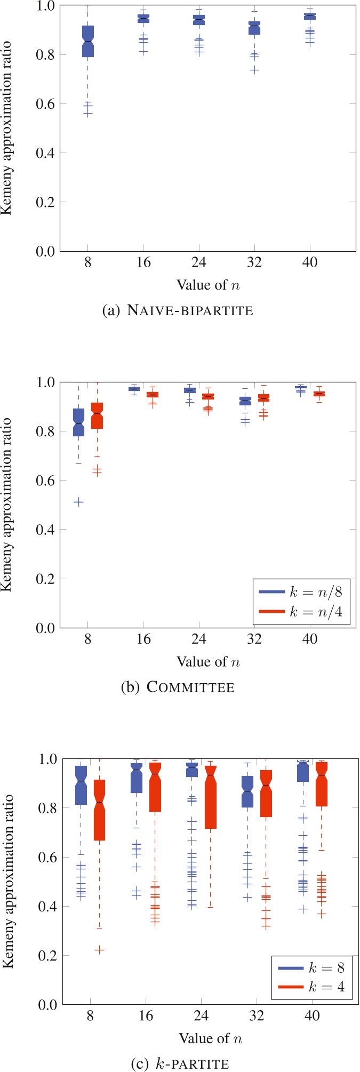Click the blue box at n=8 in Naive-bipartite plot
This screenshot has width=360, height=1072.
click(88, 41)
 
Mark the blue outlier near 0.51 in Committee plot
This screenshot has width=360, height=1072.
click(78, 502)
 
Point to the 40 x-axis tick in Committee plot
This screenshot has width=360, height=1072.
click(310, 639)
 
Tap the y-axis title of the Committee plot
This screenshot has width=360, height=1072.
click(7, 505)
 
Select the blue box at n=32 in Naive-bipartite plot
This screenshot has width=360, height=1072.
click(254, 28)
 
